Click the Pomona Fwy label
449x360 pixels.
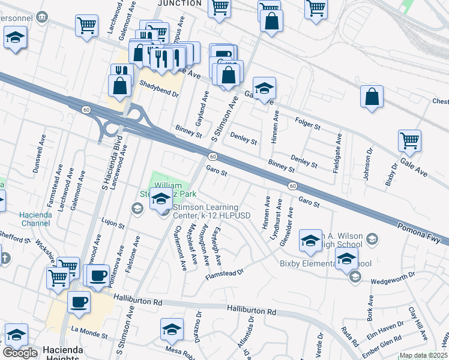coord(422,231)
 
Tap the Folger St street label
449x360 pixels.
coord(309,124)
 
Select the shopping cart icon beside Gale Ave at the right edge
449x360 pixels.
coord(409,141)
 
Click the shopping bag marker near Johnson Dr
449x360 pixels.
coord(372,97)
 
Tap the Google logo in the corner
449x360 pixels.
coord(20,353)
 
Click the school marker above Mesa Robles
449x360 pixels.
coord(172,329)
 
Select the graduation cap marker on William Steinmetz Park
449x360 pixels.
coord(160,199)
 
